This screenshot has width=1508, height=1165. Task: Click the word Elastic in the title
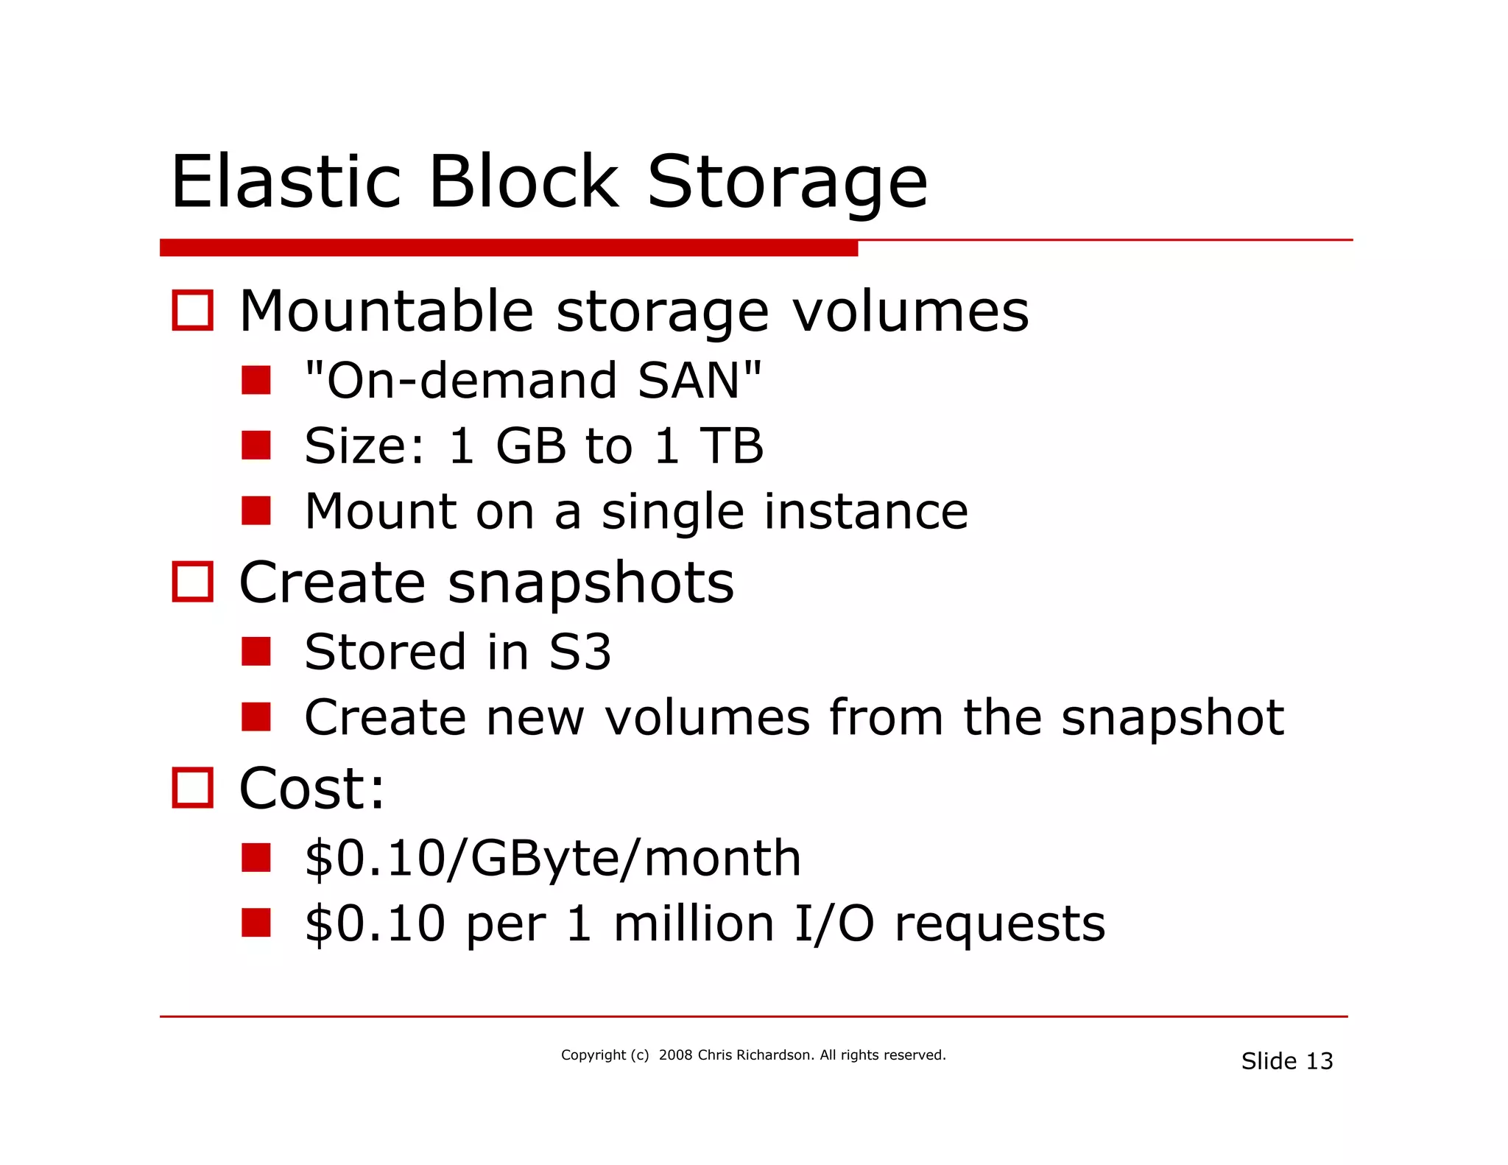[286, 182]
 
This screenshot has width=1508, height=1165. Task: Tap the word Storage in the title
[786, 182]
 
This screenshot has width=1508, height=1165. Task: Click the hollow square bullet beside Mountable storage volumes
[192, 310]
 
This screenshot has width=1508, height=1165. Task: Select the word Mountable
[387, 312]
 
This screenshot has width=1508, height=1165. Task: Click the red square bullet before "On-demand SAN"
[256, 381]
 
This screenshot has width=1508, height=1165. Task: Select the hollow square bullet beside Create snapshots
[192, 582]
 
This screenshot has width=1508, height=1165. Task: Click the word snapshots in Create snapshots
[591, 583]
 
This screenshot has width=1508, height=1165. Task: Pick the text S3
[579, 652]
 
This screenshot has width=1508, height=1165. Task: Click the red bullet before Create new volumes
[256, 717]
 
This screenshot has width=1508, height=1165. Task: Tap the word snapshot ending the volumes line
[1172, 718]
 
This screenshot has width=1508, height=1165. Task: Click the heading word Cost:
[311, 789]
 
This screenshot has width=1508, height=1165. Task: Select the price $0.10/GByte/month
[552, 859]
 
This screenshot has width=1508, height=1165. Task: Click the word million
[694, 923]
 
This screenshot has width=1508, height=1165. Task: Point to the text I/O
[834, 923]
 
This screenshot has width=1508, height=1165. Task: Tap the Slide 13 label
[1286, 1061]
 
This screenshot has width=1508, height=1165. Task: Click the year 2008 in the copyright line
[675, 1055]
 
